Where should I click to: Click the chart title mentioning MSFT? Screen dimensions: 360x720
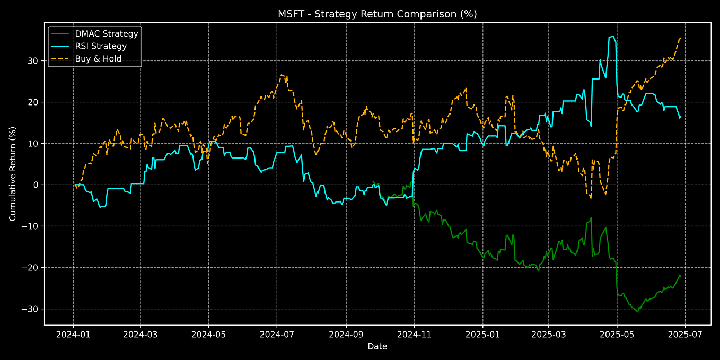(377, 14)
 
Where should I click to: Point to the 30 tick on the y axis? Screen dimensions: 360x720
(34, 61)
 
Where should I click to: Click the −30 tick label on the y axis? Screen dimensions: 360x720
(31, 309)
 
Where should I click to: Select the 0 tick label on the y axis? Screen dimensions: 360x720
(36, 185)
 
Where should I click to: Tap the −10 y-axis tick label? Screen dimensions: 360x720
(31, 226)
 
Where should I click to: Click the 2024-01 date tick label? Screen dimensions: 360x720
(73, 335)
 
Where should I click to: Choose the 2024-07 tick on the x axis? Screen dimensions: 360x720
(277, 335)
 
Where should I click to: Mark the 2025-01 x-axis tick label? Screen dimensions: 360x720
(482, 335)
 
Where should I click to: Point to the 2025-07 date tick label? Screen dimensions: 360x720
(685, 335)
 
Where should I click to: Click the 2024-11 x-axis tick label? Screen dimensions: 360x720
(414, 335)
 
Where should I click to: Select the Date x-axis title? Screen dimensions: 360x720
(377, 347)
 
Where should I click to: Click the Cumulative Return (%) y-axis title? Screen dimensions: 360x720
(13, 173)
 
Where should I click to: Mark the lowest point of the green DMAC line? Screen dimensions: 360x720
(637, 311)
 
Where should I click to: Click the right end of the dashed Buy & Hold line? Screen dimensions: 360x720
(680, 38)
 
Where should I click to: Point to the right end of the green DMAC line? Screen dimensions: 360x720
(681, 276)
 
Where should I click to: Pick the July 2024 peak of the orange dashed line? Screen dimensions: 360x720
(282, 75)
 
